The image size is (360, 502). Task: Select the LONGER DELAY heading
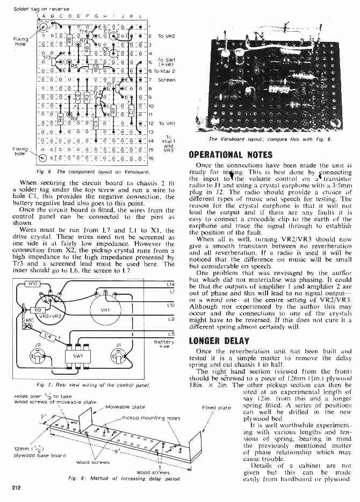pos(220,340)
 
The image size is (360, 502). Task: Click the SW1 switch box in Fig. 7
pos(73,356)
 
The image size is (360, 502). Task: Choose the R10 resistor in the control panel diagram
pos(32,283)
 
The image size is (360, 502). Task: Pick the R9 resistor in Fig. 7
pos(39,309)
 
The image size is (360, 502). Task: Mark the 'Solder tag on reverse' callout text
pos(33,9)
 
